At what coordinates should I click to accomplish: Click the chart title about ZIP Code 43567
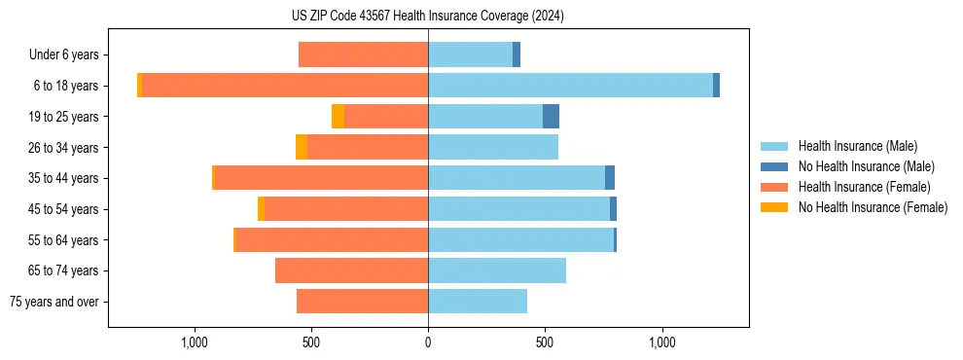tap(427, 17)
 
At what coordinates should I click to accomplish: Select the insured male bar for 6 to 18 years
tap(570, 86)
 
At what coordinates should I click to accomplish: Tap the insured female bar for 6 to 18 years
tap(285, 86)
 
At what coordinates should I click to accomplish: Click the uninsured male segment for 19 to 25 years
tap(551, 117)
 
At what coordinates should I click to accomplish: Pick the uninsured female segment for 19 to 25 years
tap(338, 117)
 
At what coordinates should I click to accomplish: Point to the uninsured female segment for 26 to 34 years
tap(302, 147)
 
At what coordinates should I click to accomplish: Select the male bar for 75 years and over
tap(478, 302)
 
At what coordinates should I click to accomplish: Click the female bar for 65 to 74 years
tap(351, 270)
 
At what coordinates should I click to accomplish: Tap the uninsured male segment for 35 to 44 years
tap(610, 178)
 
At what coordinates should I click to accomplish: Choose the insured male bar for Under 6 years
tap(470, 54)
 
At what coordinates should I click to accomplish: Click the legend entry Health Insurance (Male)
tap(857, 146)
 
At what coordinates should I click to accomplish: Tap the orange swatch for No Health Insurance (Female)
tap(774, 207)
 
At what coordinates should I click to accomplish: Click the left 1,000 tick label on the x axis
tap(195, 342)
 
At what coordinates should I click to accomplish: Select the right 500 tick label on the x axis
tap(545, 342)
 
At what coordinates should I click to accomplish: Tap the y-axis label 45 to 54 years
tap(65, 209)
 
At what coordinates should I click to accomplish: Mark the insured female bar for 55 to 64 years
tap(332, 239)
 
